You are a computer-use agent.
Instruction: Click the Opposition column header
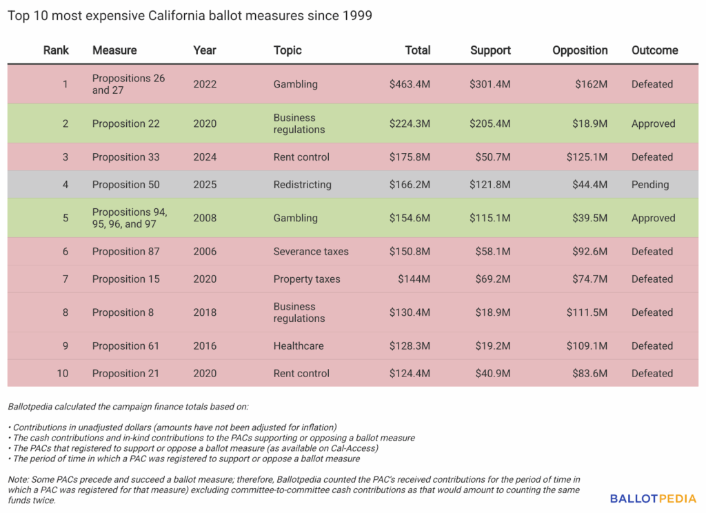pyautogui.click(x=580, y=50)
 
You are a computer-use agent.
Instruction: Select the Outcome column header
pyautogui.click(x=654, y=50)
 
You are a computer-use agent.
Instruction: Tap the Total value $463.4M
pyautogui.click(x=410, y=84)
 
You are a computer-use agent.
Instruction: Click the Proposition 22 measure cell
pyautogui.click(x=125, y=123)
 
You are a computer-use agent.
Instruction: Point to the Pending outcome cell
pyautogui.click(x=649, y=185)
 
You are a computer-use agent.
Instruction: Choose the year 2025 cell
pyautogui.click(x=205, y=185)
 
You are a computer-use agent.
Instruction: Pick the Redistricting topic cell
pyautogui.click(x=302, y=185)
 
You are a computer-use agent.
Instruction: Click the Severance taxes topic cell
pyautogui.click(x=311, y=252)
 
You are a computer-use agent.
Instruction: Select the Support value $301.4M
pyautogui.click(x=490, y=84)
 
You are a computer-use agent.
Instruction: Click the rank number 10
pyautogui.click(x=63, y=374)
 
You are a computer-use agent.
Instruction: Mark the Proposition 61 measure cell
pyautogui.click(x=125, y=346)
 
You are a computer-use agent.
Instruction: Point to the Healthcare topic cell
pyautogui.click(x=299, y=346)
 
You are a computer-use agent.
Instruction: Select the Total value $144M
pyautogui.click(x=414, y=279)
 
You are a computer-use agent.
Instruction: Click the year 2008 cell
pyautogui.click(x=205, y=218)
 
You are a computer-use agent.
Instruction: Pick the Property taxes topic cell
pyautogui.click(x=307, y=279)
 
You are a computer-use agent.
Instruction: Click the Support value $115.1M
pyautogui.click(x=490, y=218)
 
